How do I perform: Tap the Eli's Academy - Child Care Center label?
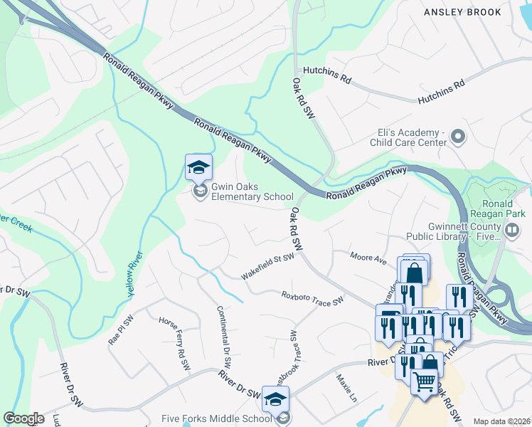point(408,137)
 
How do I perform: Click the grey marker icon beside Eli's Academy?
point(459,137)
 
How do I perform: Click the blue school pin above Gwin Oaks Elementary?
point(198,168)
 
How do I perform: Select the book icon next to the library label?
point(511,230)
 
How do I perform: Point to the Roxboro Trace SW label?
point(312,296)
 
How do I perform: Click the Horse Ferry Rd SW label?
point(174,344)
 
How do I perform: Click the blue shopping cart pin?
point(425,382)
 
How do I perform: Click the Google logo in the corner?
point(23,418)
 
